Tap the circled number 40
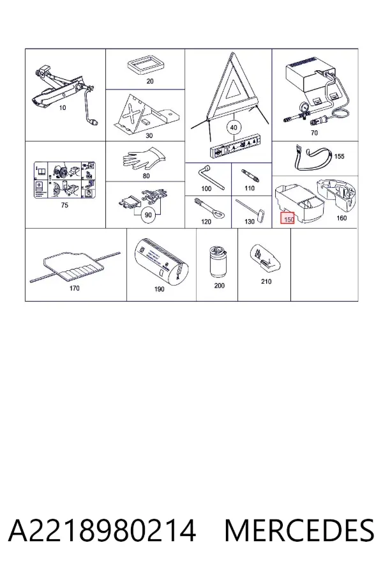234,128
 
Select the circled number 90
148,214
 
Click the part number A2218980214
102,530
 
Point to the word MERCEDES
299,530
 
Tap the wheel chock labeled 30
147,114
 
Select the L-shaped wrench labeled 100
211,177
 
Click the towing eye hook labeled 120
209,209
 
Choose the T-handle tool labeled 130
250,209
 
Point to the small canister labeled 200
218,262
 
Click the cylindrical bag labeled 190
161,262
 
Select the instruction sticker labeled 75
65,180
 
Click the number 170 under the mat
75,288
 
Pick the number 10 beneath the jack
63,107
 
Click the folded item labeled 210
266,259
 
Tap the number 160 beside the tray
342,218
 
